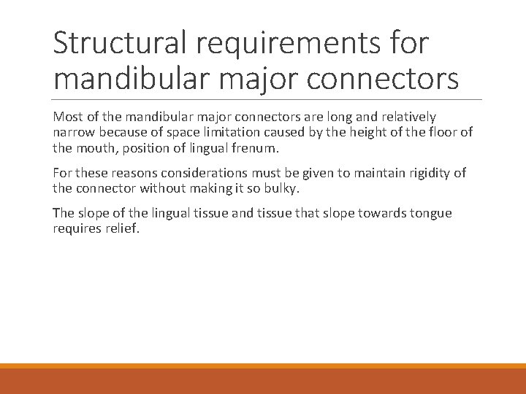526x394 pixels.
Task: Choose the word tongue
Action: [x=431, y=213]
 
